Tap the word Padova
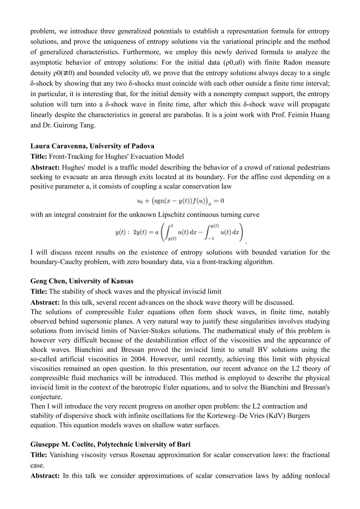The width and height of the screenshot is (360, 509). tap(143, 146)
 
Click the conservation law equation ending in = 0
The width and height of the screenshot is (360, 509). tap(180, 201)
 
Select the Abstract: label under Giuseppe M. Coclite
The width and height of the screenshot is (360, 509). tap(45, 476)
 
